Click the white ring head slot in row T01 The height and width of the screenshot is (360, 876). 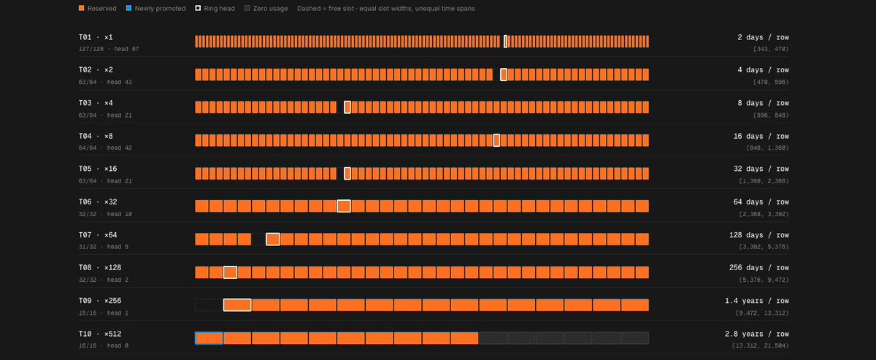tap(505, 41)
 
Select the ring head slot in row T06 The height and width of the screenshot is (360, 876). tap(344, 206)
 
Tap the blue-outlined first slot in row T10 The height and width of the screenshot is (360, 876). tap(210, 338)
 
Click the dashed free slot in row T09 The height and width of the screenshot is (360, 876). tap(210, 305)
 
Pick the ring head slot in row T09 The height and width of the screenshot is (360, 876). tap(237, 305)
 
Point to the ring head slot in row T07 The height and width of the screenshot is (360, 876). tap(272, 239)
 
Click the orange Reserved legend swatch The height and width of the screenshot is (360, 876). tap(81, 8)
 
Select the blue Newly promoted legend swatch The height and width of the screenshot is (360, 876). tap(128, 8)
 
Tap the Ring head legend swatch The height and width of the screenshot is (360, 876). tap(198, 8)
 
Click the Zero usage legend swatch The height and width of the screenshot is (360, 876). tap(247, 8)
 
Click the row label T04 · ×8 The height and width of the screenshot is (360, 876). tap(96, 136)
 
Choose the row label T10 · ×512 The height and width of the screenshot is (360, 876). tap(100, 334)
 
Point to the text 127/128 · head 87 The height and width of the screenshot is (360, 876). tap(109, 49)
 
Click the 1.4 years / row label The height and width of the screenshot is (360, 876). tap(757, 301)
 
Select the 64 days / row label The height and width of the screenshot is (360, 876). tap(761, 202)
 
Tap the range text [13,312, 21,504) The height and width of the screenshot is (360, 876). tap(760, 345)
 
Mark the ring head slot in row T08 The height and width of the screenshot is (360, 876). tap(231, 272)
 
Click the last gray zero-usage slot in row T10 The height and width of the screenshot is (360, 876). tap(635, 338)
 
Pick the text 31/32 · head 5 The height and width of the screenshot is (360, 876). tap(104, 247)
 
